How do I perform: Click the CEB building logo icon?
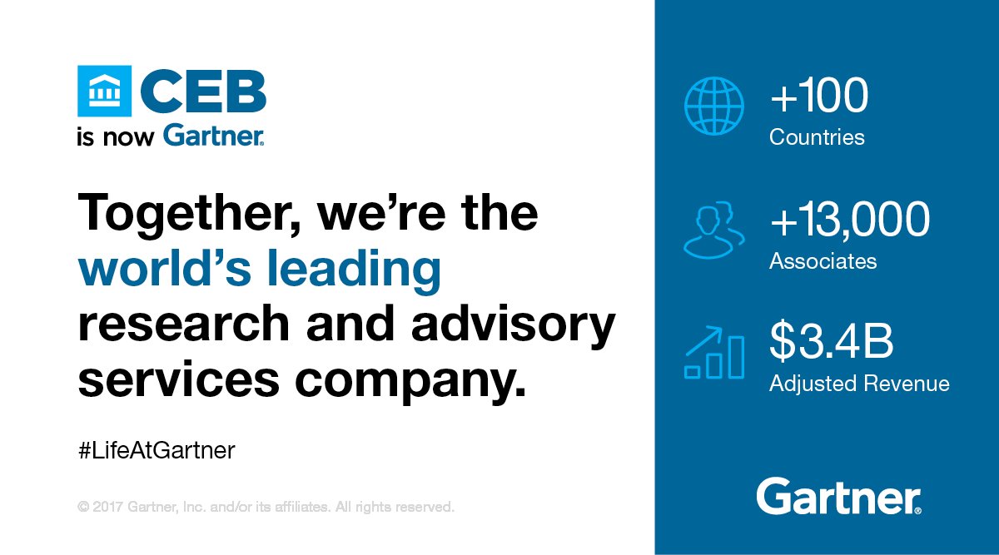(103, 92)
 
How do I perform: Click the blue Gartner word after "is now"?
(213, 136)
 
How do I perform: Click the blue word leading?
(370, 269)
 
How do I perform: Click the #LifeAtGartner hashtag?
(157, 451)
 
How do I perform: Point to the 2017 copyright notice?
(266, 506)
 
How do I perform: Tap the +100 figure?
(819, 98)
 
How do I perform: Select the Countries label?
(817, 137)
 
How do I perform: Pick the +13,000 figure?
(849, 221)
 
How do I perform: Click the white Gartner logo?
(838, 497)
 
